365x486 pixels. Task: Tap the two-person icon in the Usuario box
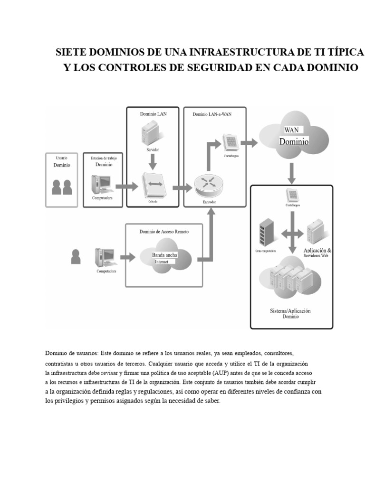62,187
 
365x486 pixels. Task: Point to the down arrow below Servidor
153,163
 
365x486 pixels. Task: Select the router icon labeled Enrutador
207,186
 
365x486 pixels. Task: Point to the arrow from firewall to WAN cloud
249,142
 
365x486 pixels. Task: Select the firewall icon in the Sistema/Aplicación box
292,195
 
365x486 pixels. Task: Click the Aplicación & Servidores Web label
317,252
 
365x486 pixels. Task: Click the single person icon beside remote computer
76,257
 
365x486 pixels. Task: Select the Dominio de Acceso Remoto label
163,231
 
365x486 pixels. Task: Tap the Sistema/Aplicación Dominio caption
290,314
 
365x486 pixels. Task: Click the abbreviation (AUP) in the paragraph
222,373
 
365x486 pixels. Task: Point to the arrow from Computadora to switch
126,187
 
